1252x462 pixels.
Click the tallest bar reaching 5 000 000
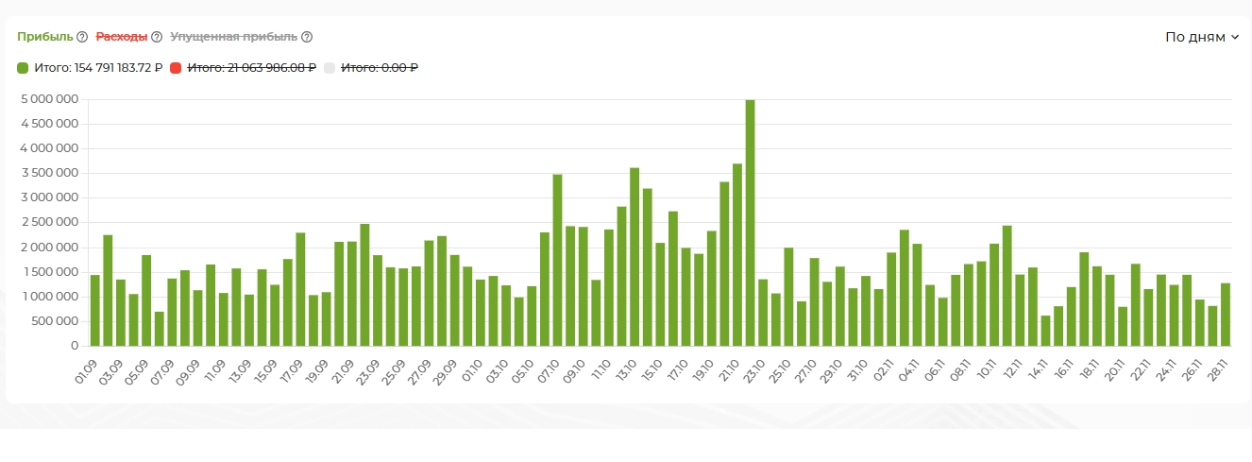pyautogui.click(x=750, y=223)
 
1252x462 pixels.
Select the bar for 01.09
pyautogui.click(x=95, y=310)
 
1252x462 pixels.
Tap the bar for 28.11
pyautogui.click(x=1226, y=315)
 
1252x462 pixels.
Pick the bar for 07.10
pyautogui.click(x=557, y=260)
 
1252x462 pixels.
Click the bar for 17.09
pyautogui.click(x=300, y=289)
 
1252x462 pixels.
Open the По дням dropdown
pyautogui.click(x=1201, y=37)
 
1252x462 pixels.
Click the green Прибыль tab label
pyautogui.click(x=44, y=37)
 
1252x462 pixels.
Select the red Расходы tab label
pyautogui.click(x=122, y=37)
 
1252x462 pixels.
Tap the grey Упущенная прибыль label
pyautogui.click(x=233, y=37)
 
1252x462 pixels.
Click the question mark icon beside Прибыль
pyautogui.click(x=82, y=37)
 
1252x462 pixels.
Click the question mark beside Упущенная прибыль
pyautogui.click(x=307, y=37)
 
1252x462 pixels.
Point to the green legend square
pyautogui.click(x=23, y=68)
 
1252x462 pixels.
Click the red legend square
pyautogui.click(x=176, y=68)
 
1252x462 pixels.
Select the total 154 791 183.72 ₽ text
pyautogui.click(x=98, y=68)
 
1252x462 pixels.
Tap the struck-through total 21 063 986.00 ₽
pyautogui.click(x=251, y=68)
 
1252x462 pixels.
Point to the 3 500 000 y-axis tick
pyautogui.click(x=49, y=173)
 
